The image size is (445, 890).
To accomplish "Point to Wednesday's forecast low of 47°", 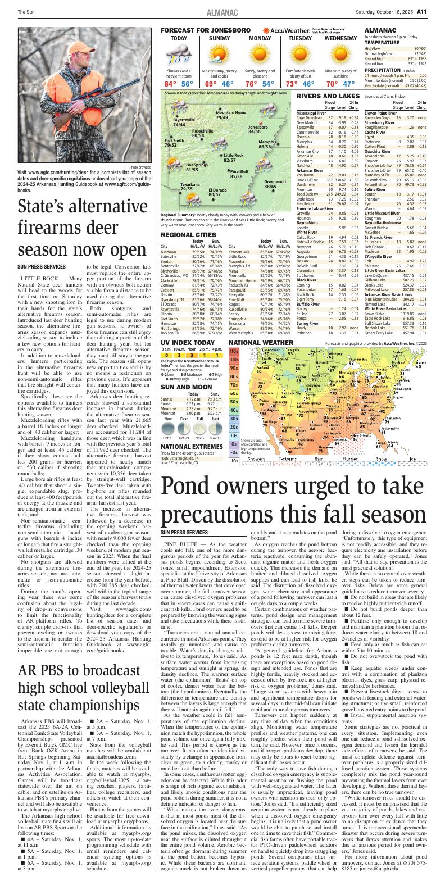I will (x=349, y=84).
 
